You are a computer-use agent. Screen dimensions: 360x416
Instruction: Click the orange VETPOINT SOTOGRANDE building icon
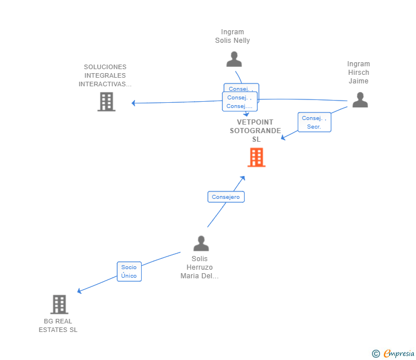(x=256, y=157)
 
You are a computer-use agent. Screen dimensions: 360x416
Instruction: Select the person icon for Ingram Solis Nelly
(x=234, y=59)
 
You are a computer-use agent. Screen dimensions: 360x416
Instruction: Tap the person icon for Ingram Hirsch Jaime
(x=359, y=100)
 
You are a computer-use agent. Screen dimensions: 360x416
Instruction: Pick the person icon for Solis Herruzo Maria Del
(x=201, y=243)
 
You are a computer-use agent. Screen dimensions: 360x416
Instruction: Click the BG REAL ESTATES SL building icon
(x=59, y=305)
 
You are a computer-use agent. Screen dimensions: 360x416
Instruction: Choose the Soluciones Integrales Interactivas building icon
(x=106, y=102)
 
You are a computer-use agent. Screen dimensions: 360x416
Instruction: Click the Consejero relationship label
(x=226, y=197)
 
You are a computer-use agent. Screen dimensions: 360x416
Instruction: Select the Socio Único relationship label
(x=129, y=271)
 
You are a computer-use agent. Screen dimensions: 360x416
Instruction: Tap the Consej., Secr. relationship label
(x=314, y=122)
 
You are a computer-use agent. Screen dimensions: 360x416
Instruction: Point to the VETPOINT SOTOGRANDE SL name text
(x=255, y=131)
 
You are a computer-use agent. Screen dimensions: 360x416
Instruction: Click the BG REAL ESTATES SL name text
(x=58, y=326)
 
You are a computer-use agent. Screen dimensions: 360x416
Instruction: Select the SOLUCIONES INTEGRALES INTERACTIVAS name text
(x=105, y=75)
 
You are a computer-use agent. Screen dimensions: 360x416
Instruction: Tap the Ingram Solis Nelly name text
(x=233, y=37)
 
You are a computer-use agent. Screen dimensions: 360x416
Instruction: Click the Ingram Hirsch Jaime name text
(x=358, y=73)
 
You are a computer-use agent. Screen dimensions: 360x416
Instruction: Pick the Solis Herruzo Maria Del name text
(x=199, y=267)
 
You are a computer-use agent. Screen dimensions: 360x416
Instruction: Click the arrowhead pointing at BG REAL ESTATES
(x=79, y=291)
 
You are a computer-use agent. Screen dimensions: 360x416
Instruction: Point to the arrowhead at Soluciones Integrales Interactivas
(x=133, y=103)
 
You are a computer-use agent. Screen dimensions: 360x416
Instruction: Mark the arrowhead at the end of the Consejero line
(x=243, y=178)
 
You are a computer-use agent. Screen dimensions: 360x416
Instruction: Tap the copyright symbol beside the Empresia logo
(x=375, y=354)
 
